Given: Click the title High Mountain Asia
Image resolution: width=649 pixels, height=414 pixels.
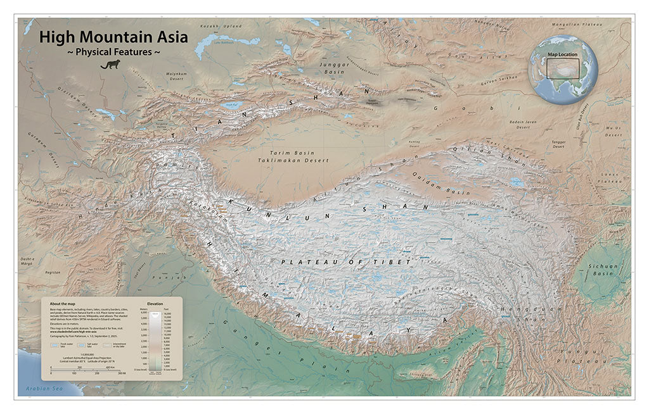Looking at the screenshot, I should pos(113,37).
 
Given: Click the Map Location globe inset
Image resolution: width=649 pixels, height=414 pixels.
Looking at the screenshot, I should pos(563,70).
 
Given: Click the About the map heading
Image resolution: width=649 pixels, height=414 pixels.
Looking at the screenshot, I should pos(63,304).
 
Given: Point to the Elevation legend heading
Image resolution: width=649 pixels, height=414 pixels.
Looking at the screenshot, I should pos(155,304).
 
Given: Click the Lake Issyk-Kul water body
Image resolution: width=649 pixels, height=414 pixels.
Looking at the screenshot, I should pos(233,104).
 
